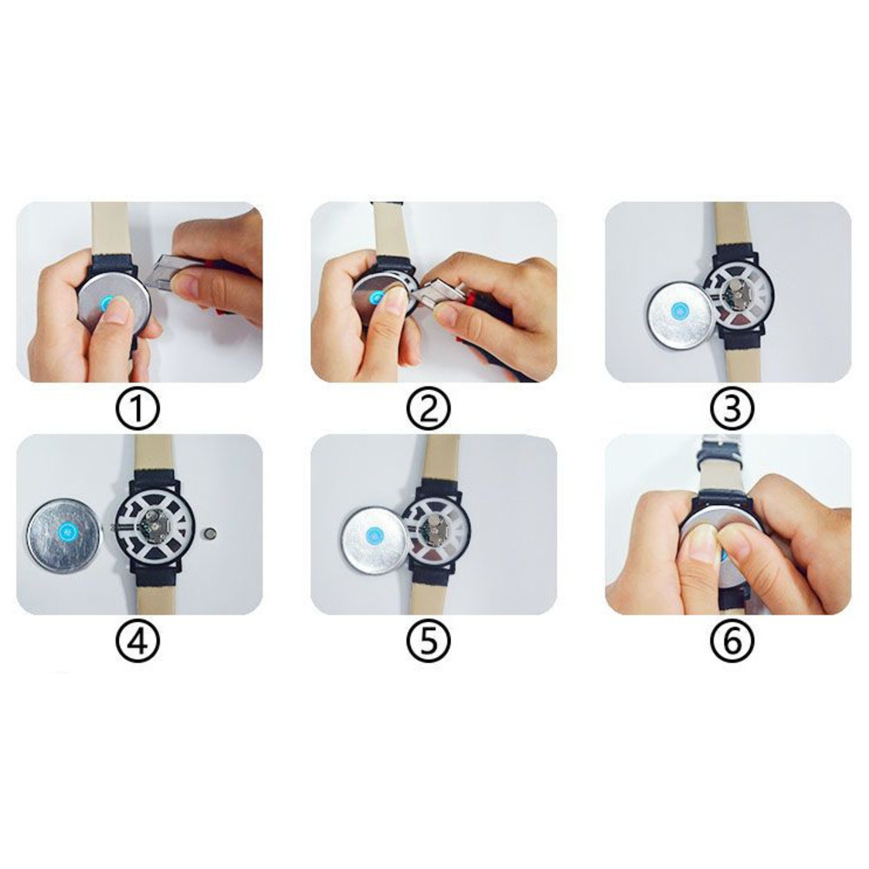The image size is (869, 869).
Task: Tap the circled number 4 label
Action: click(139, 642)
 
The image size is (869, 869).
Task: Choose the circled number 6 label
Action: click(728, 642)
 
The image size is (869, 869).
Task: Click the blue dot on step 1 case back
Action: click(107, 302)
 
